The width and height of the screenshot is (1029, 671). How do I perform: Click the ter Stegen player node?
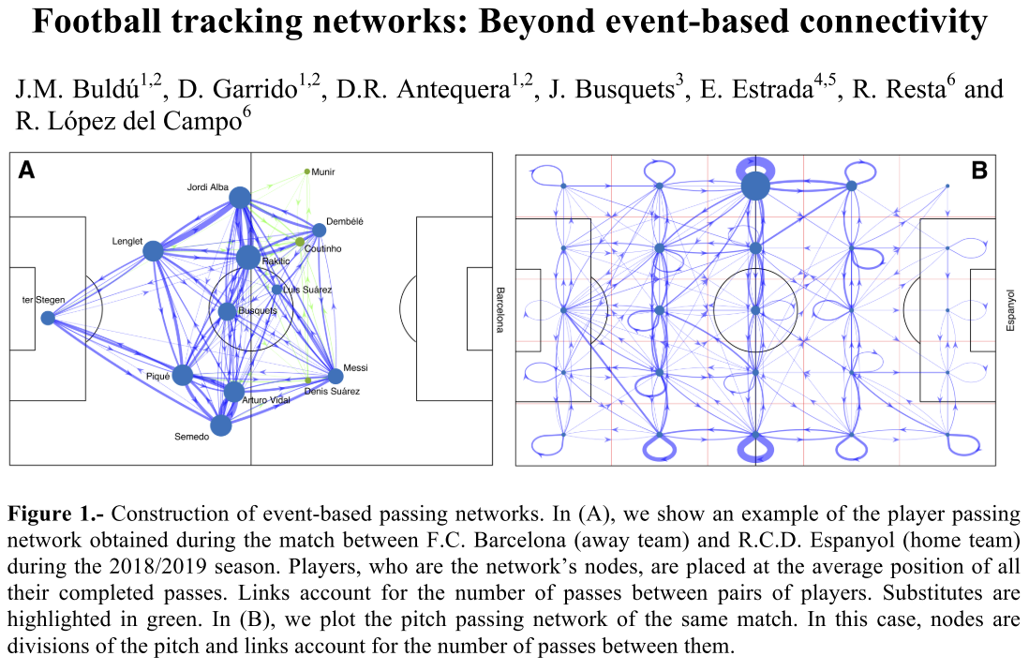[48, 318]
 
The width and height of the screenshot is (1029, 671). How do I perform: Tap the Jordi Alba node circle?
[240, 197]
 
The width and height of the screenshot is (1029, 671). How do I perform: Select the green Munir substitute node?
[306, 171]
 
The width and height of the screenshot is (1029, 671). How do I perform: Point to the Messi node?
[336, 377]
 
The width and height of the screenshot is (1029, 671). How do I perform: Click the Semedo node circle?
[221, 425]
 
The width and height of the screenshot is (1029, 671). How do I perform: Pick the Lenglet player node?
[154, 250]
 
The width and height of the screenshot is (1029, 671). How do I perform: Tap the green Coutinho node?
[300, 243]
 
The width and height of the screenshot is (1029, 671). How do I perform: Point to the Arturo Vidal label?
[267, 400]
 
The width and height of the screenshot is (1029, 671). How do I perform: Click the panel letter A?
[27, 170]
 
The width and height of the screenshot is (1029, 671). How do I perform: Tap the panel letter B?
[979, 171]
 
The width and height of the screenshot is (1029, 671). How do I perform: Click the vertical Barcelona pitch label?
[500, 309]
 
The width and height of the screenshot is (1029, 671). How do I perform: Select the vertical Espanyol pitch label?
[1010, 310]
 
